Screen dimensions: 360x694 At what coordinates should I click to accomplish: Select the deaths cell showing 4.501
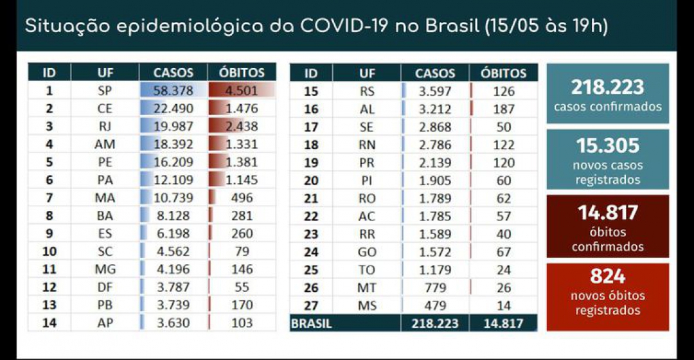pos(242,91)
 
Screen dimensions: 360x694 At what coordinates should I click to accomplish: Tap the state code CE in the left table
pos(105,109)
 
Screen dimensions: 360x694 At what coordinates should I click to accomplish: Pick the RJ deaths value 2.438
pos(242,127)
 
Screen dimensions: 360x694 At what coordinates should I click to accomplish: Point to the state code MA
pos(105,198)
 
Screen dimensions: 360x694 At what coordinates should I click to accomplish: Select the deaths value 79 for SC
pos(242,251)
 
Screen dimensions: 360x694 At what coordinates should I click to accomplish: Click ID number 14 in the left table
pos(49,323)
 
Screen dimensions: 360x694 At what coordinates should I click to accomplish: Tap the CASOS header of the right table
pos(435,73)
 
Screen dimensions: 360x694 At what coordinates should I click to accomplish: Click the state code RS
pos(368,91)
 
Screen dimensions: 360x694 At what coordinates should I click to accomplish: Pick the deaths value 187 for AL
pos(504,109)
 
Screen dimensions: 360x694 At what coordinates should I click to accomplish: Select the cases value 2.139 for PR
pos(435,163)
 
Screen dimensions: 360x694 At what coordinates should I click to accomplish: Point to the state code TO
pos(368,269)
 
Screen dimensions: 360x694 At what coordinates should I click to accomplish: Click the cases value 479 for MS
pos(435,305)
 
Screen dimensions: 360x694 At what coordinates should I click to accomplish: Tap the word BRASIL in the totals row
pos(312,323)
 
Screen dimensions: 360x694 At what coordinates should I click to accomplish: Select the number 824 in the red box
pos(607,277)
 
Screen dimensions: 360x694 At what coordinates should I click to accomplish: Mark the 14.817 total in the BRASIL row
pos(503,323)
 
